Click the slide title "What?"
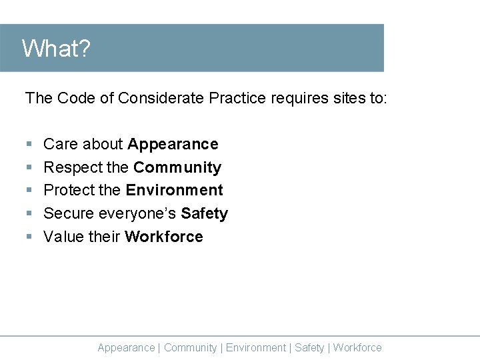coord(56,49)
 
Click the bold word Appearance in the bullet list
coord(173,145)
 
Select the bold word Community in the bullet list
coord(177,167)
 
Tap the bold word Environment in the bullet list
coord(174,190)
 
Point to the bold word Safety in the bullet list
coord(204,213)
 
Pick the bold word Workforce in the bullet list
coord(163,237)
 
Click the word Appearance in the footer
coord(126,347)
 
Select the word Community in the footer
coord(190,347)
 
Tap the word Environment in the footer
coord(256,347)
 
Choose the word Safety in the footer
coord(309,347)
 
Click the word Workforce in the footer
coord(357,347)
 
